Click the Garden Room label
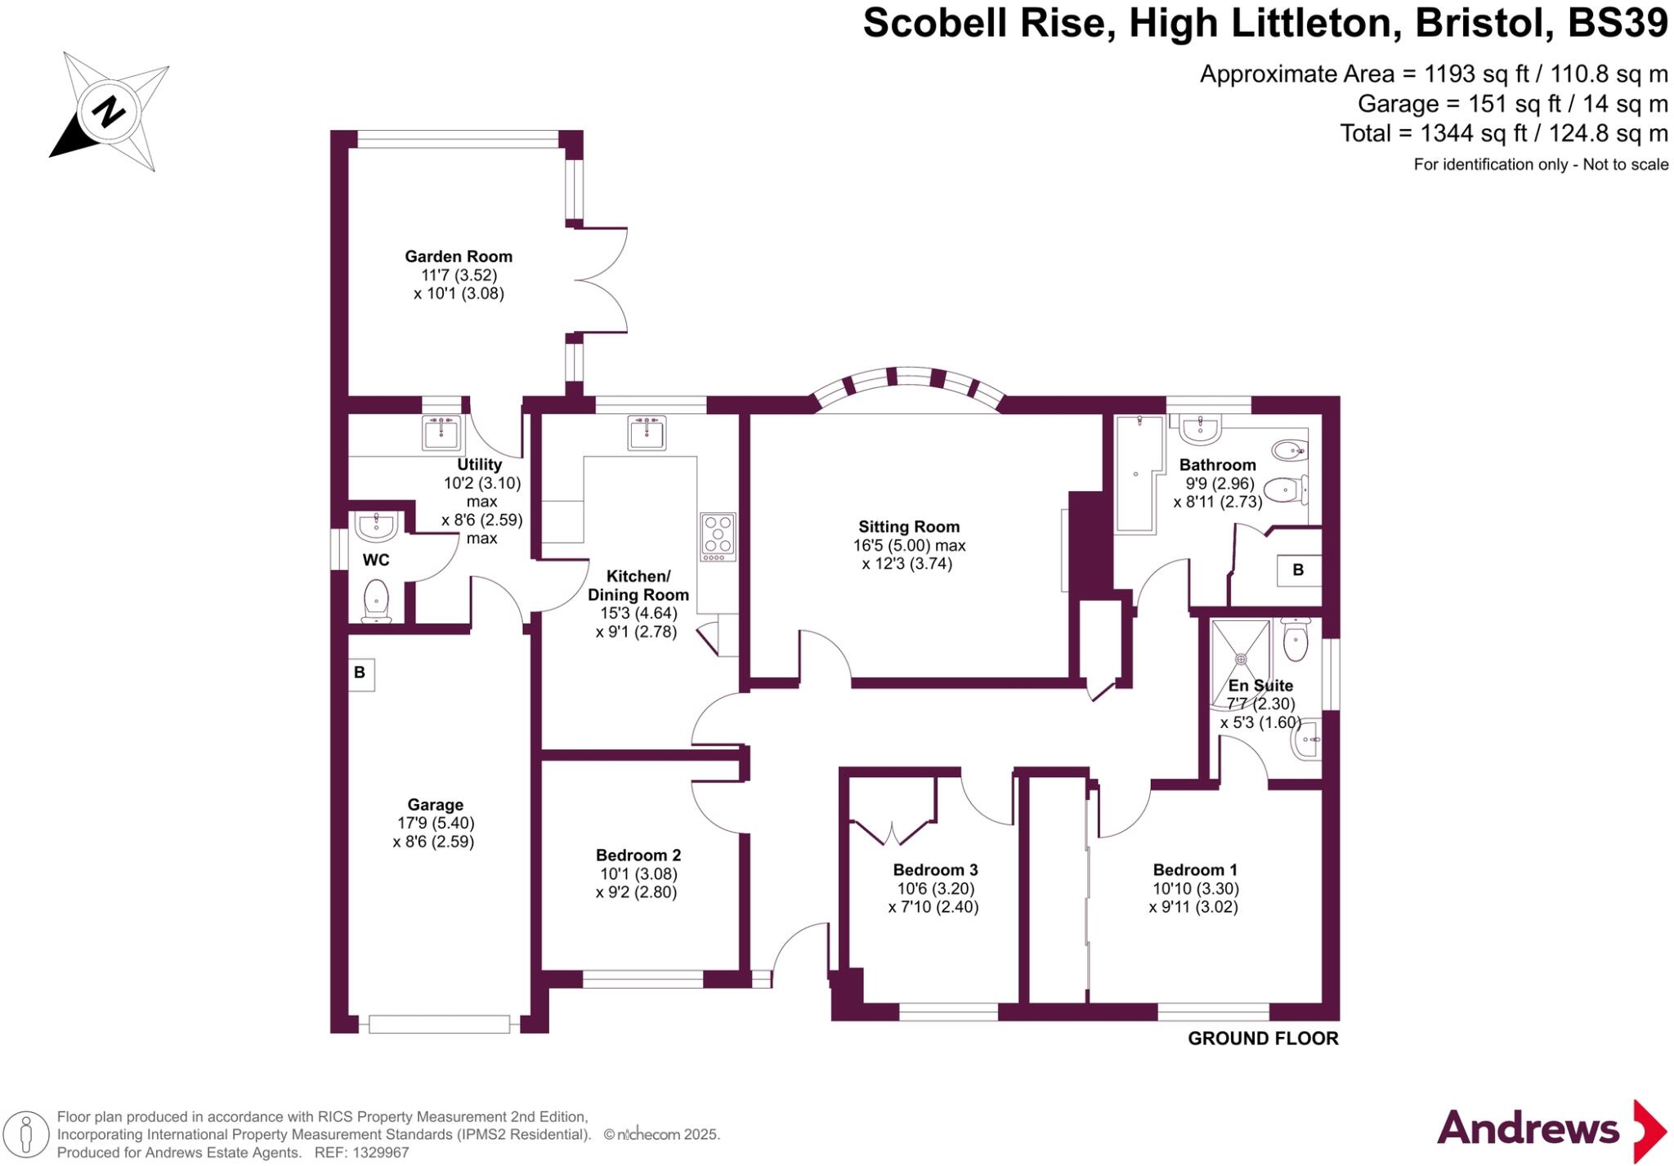pos(459,257)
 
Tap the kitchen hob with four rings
pos(718,536)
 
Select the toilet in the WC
pos(376,600)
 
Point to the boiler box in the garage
pos(360,674)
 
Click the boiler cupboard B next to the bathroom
pos(1298,570)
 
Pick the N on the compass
pos(107,112)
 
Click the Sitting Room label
pos(908,527)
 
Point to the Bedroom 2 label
pos(638,856)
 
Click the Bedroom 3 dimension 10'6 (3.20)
pos(935,888)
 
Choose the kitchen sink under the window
pos(648,432)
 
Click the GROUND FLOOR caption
pos(1262,1039)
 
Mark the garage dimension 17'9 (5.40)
pos(435,823)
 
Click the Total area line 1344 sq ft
pos(1503,133)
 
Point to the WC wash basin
pos(376,527)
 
